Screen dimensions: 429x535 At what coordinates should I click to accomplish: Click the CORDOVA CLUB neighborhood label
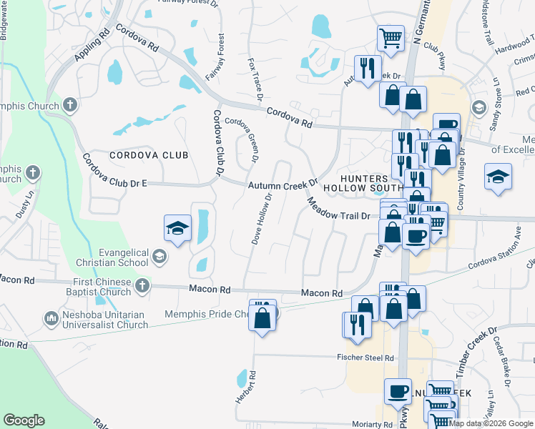pyautogui.click(x=149, y=155)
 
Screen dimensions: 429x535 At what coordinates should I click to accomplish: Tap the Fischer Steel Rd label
pyautogui.click(x=365, y=357)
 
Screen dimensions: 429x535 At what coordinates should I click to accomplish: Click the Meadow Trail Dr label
pyautogui.click(x=339, y=209)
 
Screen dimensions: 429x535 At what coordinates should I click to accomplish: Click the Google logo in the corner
pyautogui.click(x=24, y=420)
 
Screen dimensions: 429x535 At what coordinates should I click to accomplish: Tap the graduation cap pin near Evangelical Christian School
pyautogui.click(x=177, y=229)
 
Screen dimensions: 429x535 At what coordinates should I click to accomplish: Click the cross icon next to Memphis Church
pyautogui.click(x=69, y=105)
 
